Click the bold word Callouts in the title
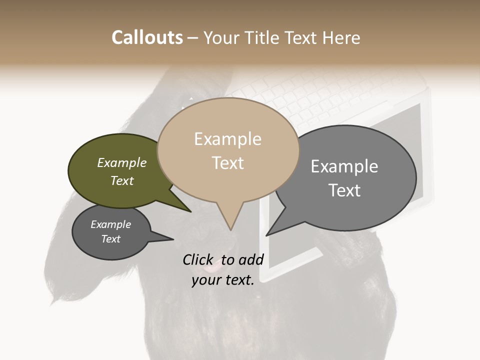[147, 37]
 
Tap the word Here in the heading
[341, 37]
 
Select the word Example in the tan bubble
[227, 139]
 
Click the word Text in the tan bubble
[228, 163]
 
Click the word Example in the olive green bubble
[121, 163]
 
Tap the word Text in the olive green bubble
[122, 181]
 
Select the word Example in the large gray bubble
[344, 166]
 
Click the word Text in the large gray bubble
[344, 190]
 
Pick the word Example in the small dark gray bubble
[110, 225]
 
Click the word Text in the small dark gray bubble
[111, 239]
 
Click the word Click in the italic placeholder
[198, 260]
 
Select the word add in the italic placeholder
[251, 260]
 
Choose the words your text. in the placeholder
[222, 280]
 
